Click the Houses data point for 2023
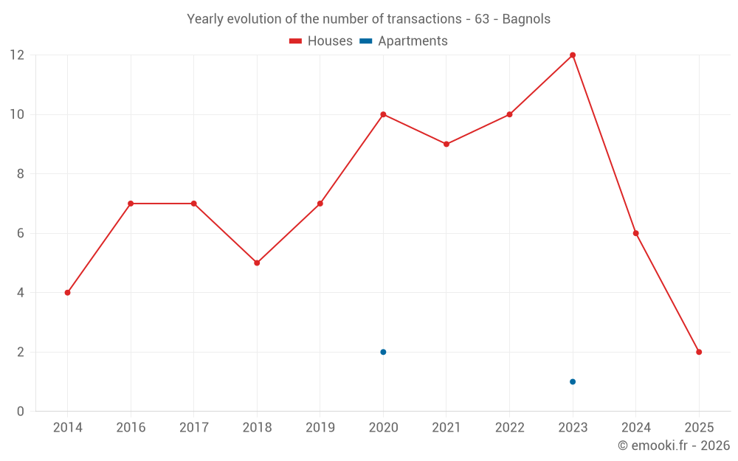[x=573, y=55]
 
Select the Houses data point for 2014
[x=67, y=293]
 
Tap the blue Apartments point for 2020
[x=383, y=352]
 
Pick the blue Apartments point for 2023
[x=573, y=381]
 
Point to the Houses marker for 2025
[x=699, y=352]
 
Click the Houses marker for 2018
[x=257, y=263]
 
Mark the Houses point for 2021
[x=446, y=144]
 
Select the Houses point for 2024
[x=635, y=233]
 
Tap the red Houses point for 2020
[x=383, y=114]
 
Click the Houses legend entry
[x=321, y=41]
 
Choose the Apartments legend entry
[x=404, y=41]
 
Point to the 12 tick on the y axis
[x=17, y=55]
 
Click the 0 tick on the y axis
[x=21, y=411]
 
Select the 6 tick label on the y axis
[x=21, y=233]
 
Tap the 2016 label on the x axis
[x=131, y=428]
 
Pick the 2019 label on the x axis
[x=320, y=428]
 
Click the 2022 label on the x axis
[x=509, y=428]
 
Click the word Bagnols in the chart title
[x=526, y=19]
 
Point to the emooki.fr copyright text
[x=674, y=446]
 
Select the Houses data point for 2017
[x=193, y=204]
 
